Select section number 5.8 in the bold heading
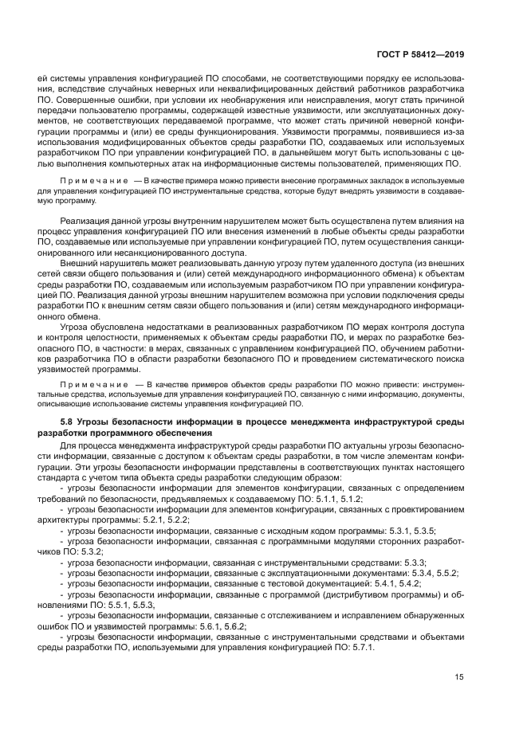(x=66, y=421)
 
